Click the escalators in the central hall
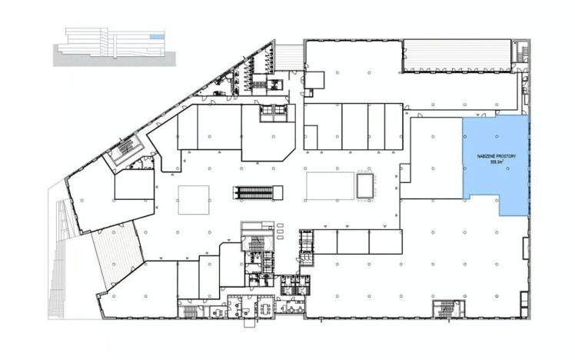click(253, 191)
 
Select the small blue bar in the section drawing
click(156, 37)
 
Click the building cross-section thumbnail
click(111, 45)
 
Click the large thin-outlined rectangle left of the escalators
click(194, 199)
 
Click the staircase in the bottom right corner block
click(444, 309)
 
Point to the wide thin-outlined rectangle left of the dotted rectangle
click(329, 185)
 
